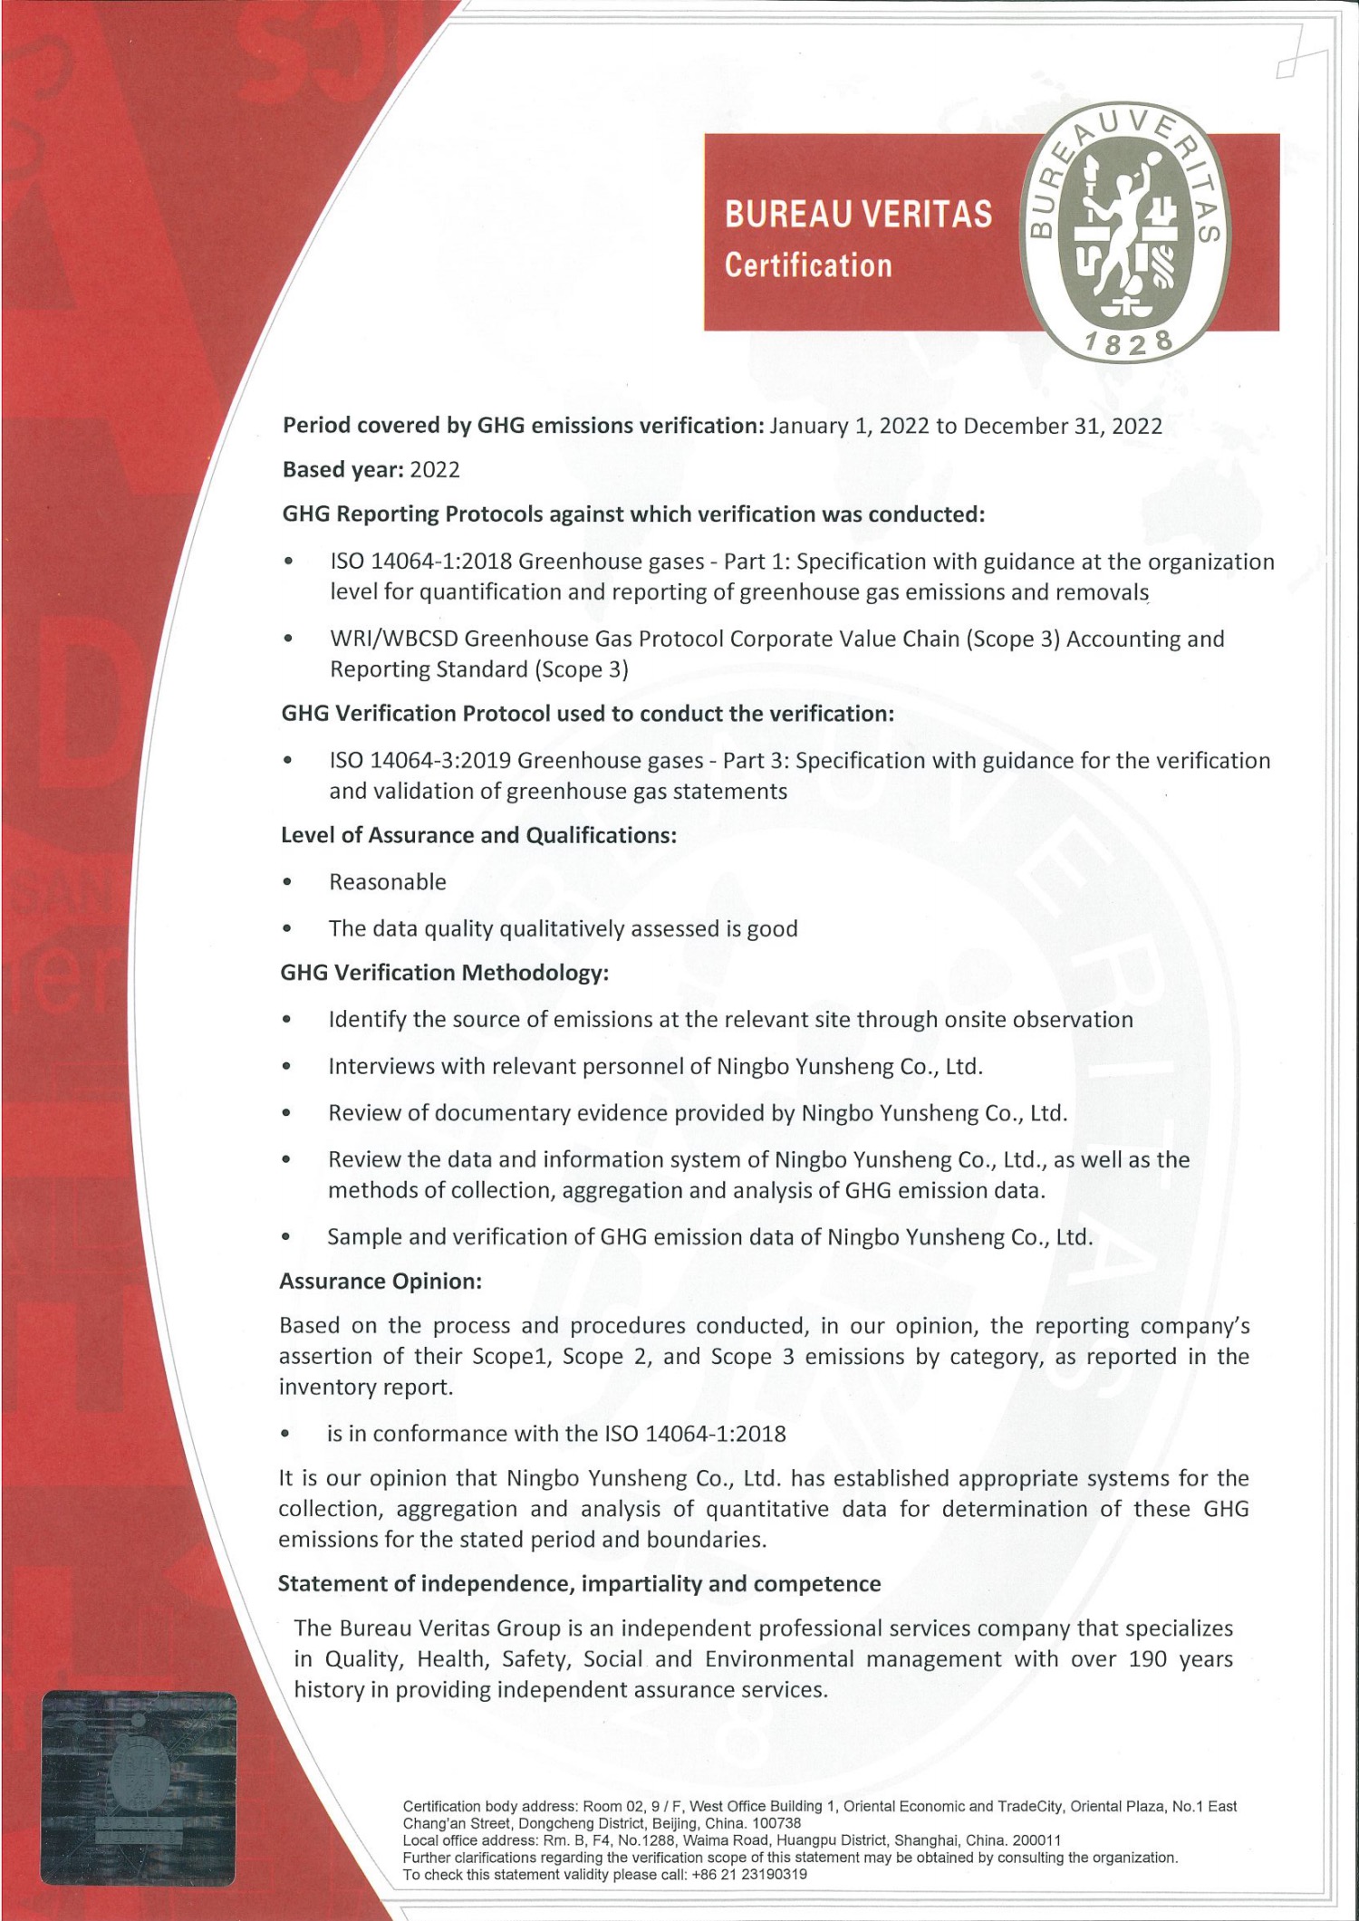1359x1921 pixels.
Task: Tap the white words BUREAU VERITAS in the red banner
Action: click(x=857, y=215)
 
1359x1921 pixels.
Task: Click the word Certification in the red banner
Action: click(x=807, y=265)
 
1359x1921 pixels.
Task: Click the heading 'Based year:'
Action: click(x=342, y=469)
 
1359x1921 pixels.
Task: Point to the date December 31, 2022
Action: click(x=1062, y=426)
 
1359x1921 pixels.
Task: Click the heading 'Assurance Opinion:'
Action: click(x=380, y=1281)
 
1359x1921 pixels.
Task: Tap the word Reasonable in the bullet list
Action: click(x=388, y=881)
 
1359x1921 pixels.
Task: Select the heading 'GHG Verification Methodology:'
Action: click(x=444, y=973)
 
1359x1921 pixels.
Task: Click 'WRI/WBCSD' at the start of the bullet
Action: click(x=394, y=639)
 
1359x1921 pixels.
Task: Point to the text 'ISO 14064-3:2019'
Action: click(x=421, y=760)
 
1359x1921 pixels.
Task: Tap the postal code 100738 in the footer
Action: click(x=777, y=1823)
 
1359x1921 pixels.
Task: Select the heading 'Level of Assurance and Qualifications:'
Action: click(x=478, y=835)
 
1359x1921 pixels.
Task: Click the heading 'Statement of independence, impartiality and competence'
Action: click(x=579, y=1583)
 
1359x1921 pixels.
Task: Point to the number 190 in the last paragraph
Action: click(x=1147, y=1658)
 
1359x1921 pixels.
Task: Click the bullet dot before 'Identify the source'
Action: click(x=286, y=1020)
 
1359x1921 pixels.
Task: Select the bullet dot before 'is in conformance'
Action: click(x=285, y=1434)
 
